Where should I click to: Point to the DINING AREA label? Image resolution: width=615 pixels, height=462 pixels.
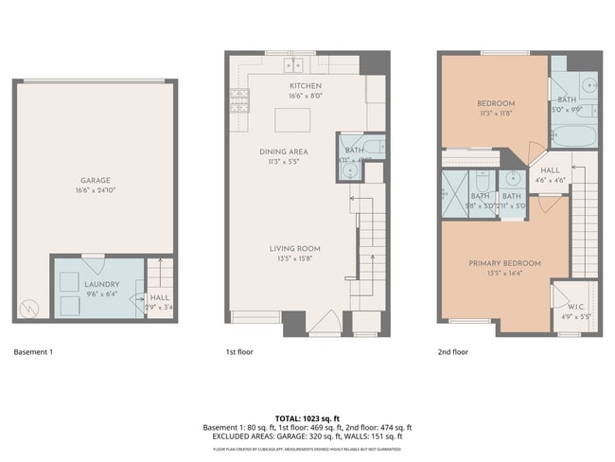coord(284,151)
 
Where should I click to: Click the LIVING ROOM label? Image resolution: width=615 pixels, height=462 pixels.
coord(295,249)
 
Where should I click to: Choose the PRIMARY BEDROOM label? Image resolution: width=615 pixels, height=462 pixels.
coord(503,263)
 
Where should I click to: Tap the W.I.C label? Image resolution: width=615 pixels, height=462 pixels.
coord(574,306)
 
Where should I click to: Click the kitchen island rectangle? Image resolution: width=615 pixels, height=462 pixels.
coord(293,120)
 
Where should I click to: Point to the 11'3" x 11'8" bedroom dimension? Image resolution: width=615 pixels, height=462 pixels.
coord(496,114)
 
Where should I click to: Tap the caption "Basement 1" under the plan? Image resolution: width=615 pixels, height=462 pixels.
coord(33,352)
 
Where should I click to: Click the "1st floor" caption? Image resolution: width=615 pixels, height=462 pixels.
coord(238,352)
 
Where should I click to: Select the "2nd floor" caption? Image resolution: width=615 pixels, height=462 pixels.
coord(453,352)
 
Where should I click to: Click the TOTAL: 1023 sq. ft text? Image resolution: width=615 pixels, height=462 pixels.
coord(307,418)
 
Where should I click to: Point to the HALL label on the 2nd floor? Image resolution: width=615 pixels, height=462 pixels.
coord(550,170)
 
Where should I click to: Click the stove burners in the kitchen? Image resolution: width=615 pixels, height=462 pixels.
coord(238,96)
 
